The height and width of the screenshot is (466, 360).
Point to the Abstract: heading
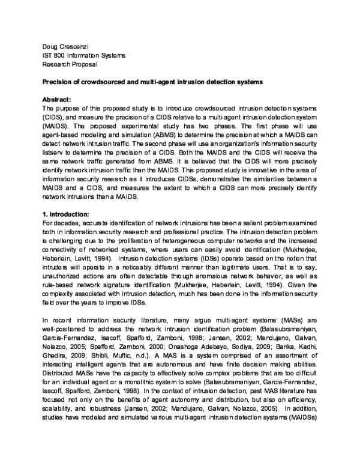[57, 98]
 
